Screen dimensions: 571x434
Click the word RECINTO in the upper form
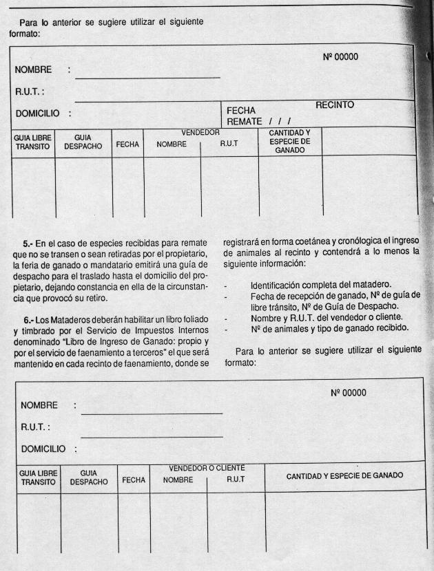(x=335, y=105)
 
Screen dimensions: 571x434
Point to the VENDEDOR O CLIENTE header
(x=207, y=468)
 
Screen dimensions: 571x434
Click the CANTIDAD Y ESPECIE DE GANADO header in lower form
(x=344, y=475)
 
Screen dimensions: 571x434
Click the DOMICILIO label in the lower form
(x=43, y=449)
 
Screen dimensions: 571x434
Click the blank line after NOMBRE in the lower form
(x=152, y=413)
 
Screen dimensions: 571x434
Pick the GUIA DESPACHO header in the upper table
(x=83, y=142)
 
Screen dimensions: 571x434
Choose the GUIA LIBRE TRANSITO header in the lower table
(x=37, y=477)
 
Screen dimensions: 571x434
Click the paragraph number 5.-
(x=30, y=243)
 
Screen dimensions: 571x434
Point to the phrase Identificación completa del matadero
(x=321, y=284)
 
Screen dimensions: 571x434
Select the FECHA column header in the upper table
(x=127, y=145)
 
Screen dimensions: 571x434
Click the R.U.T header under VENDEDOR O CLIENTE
(x=236, y=479)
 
